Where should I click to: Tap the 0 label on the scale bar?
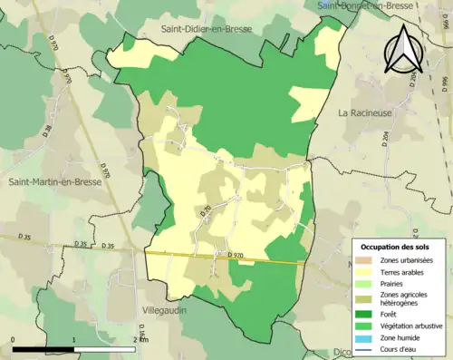pyautogui.click(x=14, y=339)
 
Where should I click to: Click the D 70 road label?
pyautogui.click(x=205, y=210)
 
